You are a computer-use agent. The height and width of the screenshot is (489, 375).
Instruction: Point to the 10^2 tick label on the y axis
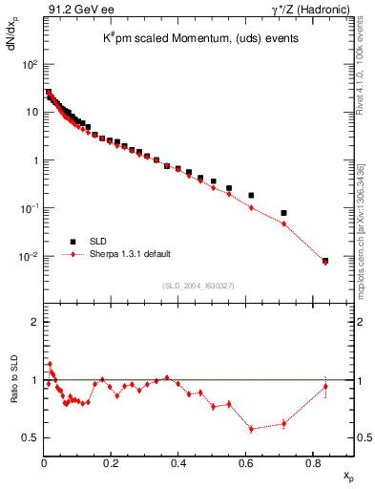pos(30,64)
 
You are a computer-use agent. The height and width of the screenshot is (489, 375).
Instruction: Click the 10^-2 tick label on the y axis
pos(29,257)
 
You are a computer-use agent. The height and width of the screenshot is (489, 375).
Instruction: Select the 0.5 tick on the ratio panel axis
pos(31,437)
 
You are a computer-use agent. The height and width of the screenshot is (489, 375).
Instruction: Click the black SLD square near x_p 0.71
pos(284,213)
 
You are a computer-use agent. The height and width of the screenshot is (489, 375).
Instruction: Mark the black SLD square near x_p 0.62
pos(251,195)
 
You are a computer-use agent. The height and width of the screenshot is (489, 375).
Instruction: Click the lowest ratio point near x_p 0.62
pos(251,429)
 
